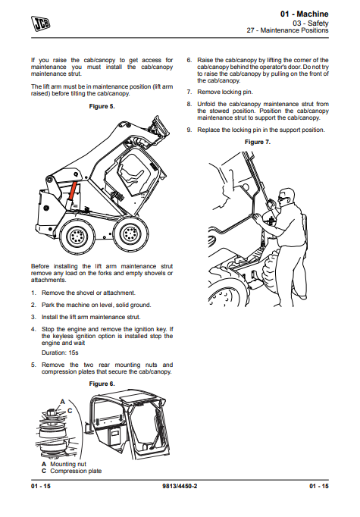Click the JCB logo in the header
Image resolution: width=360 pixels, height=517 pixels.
click(x=41, y=23)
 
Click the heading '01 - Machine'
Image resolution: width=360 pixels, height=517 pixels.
click(x=304, y=14)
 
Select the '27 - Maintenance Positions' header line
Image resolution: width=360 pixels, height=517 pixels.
click(x=287, y=30)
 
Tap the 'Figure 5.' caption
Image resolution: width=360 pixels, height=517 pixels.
click(x=102, y=106)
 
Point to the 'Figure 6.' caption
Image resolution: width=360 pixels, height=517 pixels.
click(x=102, y=384)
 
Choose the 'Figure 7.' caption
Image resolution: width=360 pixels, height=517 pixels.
click(x=258, y=142)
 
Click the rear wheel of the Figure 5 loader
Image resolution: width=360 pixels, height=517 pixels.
click(x=77, y=236)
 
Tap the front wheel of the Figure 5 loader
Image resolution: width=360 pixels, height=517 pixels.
click(x=130, y=233)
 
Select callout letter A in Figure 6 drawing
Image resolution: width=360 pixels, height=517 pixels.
click(x=63, y=402)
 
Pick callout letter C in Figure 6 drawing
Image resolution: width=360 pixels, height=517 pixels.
click(x=70, y=411)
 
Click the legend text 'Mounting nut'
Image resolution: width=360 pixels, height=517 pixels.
click(x=68, y=464)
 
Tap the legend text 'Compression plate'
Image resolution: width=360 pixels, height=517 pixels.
click(x=76, y=472)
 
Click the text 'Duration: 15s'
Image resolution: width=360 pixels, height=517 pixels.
click(x=60, y=352)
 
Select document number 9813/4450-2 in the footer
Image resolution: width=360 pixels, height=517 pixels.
click(x=180, y=486)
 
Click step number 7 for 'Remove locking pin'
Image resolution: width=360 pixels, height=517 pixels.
click(x=189, y=92)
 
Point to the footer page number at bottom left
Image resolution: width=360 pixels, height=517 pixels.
click(x=41, y=486)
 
